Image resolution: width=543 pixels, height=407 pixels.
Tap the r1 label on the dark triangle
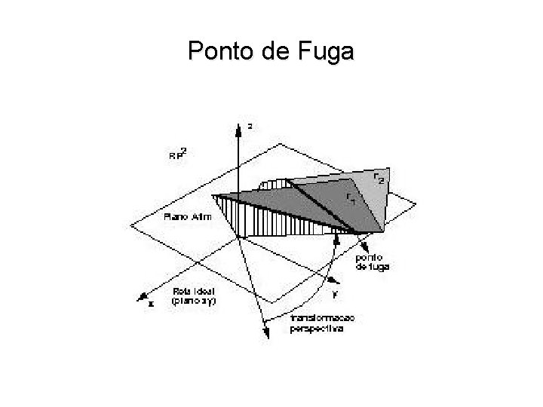pyautogui.click(x=351, y=197)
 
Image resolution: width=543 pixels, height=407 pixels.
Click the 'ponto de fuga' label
pyautogui.click(x=372, y=261)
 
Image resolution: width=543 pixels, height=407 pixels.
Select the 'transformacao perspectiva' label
pyautogui.click(x=322, y=324)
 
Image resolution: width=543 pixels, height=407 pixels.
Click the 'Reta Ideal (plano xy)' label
pyautogui.click(x=192, y=295)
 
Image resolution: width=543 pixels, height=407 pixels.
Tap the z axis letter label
pyautogui.click(x=250, y=127)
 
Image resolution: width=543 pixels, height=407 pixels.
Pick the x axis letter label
pyautogui.click(x=151, y=305)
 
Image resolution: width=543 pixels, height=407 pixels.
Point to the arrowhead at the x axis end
pyautogui.click(x=140, y=298)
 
